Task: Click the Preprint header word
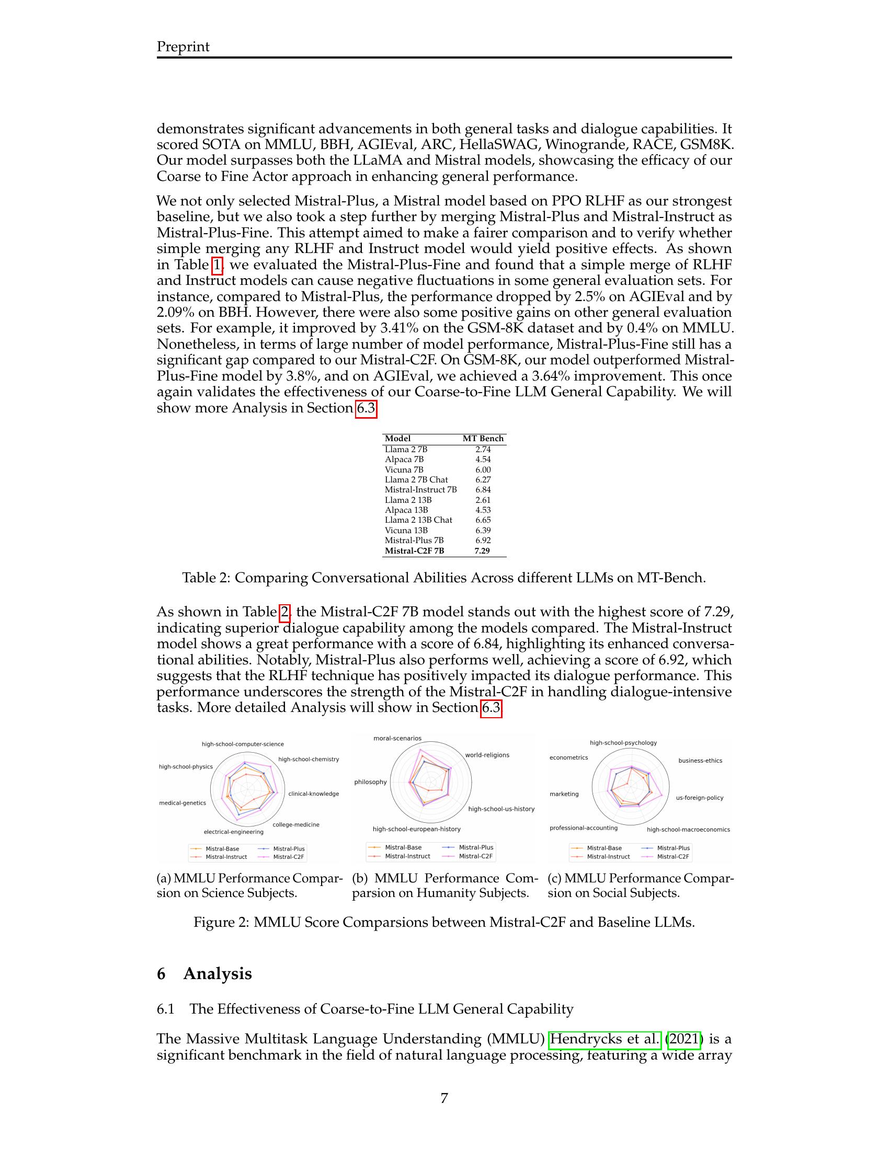183,47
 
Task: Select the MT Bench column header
483,439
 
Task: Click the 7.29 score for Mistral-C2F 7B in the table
482,551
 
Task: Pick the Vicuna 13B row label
406,530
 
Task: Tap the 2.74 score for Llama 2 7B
483,449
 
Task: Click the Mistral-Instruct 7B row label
420,490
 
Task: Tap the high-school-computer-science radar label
242,744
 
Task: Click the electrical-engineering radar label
233,832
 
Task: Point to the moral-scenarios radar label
397,738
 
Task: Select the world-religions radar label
487,755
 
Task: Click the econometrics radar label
568,758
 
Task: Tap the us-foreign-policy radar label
699,798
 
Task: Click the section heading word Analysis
217,974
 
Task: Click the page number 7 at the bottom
444,1098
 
